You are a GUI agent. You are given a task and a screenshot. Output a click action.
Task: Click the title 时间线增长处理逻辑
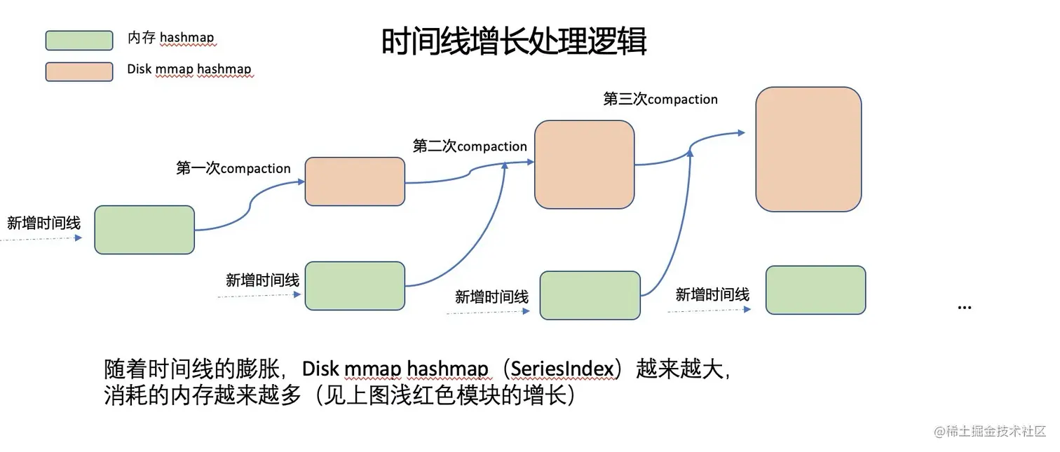click(x=514, y=42)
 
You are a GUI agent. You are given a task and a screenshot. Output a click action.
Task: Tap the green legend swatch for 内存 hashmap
click(x=79, y=41)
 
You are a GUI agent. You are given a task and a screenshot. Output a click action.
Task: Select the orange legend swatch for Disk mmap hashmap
click(x=79, y=71)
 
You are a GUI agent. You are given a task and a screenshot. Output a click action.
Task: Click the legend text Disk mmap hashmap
click(x=189, y=69)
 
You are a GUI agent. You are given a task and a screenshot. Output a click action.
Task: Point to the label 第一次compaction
click(x=233, y=168)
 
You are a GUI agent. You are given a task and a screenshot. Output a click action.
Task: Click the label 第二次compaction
click(x=470, y=146)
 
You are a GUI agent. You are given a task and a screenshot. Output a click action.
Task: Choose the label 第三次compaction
click(x=660, y=100)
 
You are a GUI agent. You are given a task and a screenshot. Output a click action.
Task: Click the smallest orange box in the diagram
click(x=355, y=182)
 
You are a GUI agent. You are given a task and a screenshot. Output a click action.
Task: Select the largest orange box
click(x=808, y=149)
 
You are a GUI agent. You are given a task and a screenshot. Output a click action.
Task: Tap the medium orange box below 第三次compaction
click(x=584, y=165)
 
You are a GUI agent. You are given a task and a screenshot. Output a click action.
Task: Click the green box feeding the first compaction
click(x=144, y=230)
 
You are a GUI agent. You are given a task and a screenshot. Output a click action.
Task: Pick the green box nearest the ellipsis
click(x=815, y=290)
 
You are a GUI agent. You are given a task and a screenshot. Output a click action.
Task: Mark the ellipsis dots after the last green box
click(x=965, y=307)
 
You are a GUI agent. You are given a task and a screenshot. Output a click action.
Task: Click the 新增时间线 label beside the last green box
click(x=712, y=295)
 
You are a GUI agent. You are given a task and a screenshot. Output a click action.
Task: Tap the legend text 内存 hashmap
click(x=171, y=39)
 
